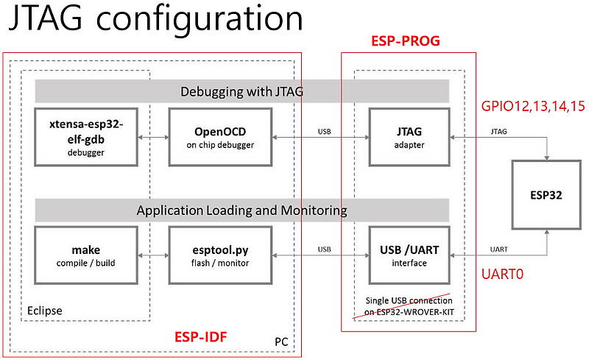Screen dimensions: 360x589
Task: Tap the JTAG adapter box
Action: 409,138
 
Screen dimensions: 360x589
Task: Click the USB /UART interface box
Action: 409,256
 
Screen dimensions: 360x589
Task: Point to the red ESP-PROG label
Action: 405,41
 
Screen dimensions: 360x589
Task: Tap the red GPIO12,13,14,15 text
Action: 533,107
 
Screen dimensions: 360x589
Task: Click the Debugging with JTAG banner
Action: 242,91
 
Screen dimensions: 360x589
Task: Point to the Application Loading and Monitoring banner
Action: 242,210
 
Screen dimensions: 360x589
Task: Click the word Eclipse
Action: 46,310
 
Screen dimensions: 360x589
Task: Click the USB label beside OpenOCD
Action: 324,132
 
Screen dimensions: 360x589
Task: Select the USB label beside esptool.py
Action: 324,250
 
